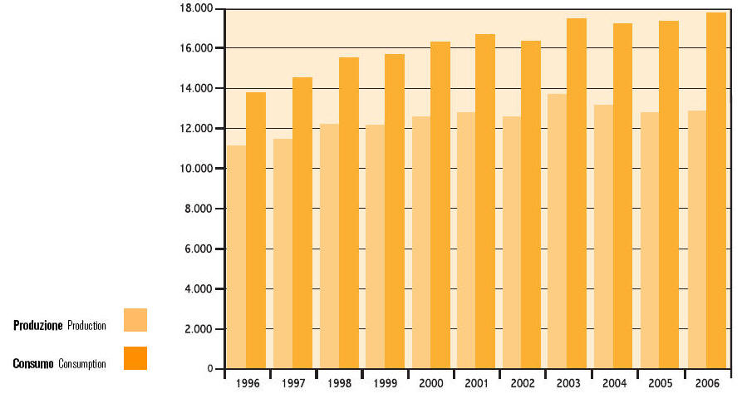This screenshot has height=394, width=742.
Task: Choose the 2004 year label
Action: [x=615, y=383]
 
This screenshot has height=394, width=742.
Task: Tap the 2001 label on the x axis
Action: [x=476, y=383]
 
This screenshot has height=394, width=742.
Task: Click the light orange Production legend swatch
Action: [x=135, y=320]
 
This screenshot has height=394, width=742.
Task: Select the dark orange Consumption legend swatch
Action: [x=135, y=358]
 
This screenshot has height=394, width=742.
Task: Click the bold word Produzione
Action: [x=38, y=326]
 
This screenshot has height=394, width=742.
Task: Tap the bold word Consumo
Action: [x=33, y=364]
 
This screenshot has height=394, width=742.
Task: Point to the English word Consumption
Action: [x=82, y=364]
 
